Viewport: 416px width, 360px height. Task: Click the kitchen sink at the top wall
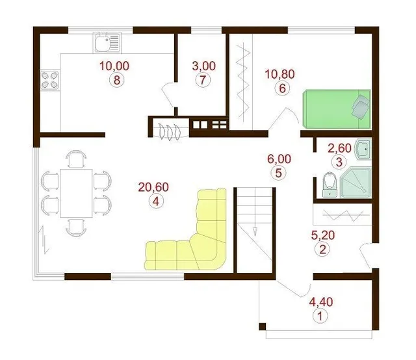click(x=107, y=42)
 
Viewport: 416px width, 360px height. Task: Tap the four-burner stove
click(x=50, y=80)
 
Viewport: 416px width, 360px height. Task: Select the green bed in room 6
click(x=337, y=109)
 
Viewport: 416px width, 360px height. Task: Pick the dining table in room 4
click(x=76, y=193)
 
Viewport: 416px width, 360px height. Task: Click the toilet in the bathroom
click(x=330, y=185)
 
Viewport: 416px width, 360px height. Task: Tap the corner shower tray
click(x=356, y=182)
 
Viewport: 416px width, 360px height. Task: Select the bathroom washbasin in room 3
click(x=363, y=149)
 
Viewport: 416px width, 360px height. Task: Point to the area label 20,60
click(x=153, y=187)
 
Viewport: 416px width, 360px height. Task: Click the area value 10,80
click(x=280, y=74)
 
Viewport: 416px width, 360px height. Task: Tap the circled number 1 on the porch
click(x=320, y=316)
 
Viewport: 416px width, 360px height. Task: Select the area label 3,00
click(x=203, y=66)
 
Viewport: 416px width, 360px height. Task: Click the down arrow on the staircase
click(x=255, y=231)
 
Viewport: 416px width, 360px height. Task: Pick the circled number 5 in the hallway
click(x=278, y=173)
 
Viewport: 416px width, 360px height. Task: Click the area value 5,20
click(x=323, y=235)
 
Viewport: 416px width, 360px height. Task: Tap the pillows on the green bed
click(x=361, y=105)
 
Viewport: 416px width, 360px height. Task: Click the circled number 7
click(x=203, y=80)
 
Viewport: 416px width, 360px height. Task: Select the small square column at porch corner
click(x=262, y=326)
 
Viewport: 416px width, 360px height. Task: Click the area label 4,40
click(x=321, y=302)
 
